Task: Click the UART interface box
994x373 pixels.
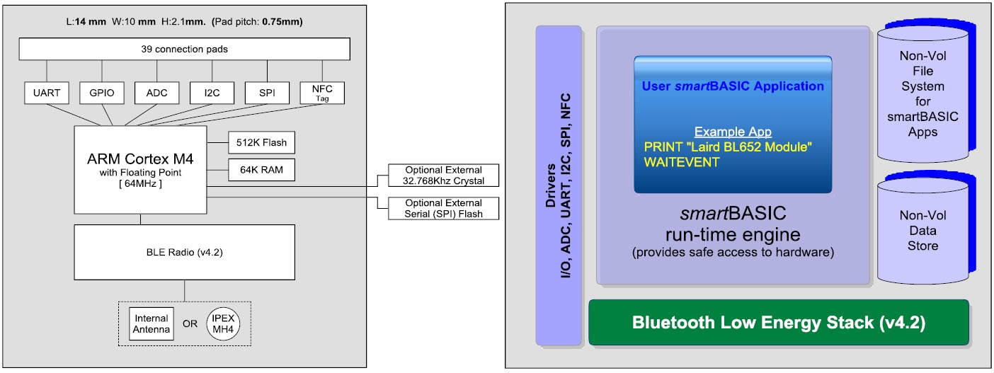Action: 47,93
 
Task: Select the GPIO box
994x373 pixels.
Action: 102,93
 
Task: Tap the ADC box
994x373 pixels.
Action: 157,93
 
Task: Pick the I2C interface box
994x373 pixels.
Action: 212,93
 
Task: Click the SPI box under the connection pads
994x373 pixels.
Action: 267,93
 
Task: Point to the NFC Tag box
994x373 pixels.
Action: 322,93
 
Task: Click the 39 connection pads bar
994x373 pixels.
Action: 184,49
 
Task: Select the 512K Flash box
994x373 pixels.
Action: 261,142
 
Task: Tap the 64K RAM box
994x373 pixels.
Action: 261,170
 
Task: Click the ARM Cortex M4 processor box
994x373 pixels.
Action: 140,169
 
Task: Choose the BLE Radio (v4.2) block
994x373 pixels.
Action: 184,251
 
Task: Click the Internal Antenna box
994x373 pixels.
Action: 151,323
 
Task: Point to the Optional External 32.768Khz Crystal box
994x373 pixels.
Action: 444,176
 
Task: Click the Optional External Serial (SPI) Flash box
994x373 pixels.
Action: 444,208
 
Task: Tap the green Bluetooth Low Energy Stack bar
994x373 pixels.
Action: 778,323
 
